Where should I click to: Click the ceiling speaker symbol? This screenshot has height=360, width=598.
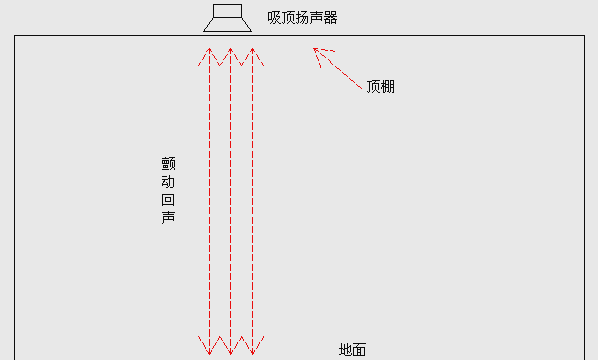tap(228, 19)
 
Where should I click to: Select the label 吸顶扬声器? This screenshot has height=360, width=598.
tap(302, 17)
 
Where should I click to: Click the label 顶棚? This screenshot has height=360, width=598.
tap(380, 86)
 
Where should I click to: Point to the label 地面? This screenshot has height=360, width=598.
tap(352, 350)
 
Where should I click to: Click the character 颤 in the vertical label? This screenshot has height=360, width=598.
tap(168, 164)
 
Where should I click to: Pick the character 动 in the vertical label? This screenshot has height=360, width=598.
tap(168, 182)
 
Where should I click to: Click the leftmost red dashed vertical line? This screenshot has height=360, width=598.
tap(209, 200)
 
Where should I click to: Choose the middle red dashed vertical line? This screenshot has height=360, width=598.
tap(230, 200)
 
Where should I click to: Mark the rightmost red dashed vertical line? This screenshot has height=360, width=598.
tap(252, 200)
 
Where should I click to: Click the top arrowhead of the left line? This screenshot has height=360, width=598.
tap(209, 51)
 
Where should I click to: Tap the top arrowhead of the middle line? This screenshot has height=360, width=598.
tap(230, 51)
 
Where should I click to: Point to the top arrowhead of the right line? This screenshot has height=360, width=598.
tap(252, 51)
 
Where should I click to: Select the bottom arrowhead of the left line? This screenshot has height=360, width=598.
tap(209, 349)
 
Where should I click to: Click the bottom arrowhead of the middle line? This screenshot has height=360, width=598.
tap(230, 349)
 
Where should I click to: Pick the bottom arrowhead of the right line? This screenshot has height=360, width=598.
tap(252, 349)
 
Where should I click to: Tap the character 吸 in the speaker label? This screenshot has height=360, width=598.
tap(274, 17)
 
